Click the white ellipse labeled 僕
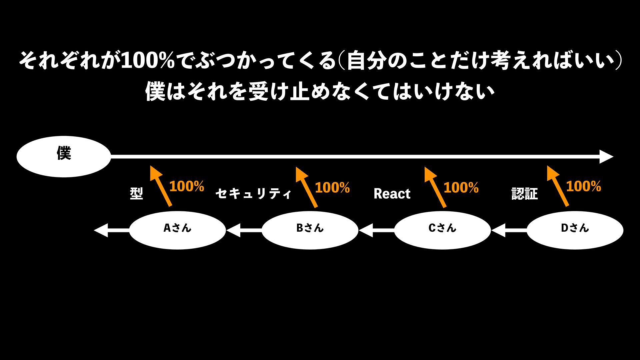click(64, 156)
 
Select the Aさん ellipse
click(177, 230)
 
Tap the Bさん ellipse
click(310, 230)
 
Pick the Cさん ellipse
click(442, 230)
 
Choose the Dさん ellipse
click(575, 230)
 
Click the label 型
click(136, 193)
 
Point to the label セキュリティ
click(253, 194)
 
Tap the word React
click(392, 194)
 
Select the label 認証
click(525, 194)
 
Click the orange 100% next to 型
click(187, 186)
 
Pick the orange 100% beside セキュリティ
click(332, 188)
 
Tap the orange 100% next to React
click(461, 188)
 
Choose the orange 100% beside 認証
click(583, 186)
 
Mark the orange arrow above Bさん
click(306, 187)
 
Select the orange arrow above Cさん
click(435, 187)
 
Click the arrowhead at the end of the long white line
click(606, 157)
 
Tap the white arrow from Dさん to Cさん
click(509, 230)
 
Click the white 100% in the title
click(148, 61)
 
